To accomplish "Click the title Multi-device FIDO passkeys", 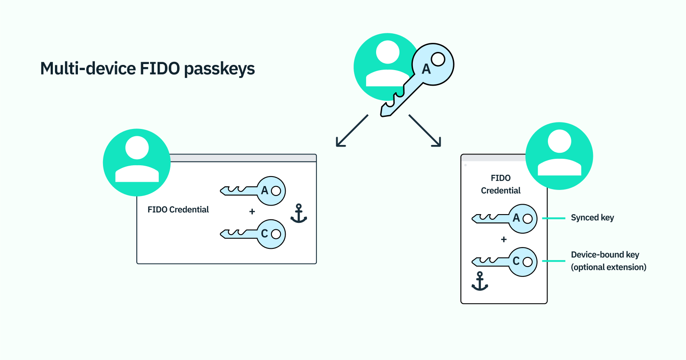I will pyautogui.click(x=148, y=69).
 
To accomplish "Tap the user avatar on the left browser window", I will pyautogui.click(x=137, y=162).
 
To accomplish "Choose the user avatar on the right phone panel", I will pyautogui.click(x=559, y=156).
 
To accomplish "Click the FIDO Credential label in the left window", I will pyautogui.click(x=178, y=210).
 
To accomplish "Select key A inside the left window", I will pyautogui.click(x=260, y=191).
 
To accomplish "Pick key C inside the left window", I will pyautogui.click(x=260, y=234).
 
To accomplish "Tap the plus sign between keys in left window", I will pyautogui.click(x=252, y=212).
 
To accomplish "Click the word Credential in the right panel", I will pyautogui.click(x=501, y=191).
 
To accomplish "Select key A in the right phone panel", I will pyautogui.click(x=511, y=219).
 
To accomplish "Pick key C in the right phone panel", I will pyautogui.click(x=511, y=262).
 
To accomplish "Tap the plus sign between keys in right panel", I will pyautogui.click(x=504, y=239).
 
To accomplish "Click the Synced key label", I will pyautogui.click(x=593, y=218).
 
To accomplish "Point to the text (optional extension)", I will pyautogui.click(x=609, y=267).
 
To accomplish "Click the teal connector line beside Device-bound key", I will pyautogui.click(x=554, y=261).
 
